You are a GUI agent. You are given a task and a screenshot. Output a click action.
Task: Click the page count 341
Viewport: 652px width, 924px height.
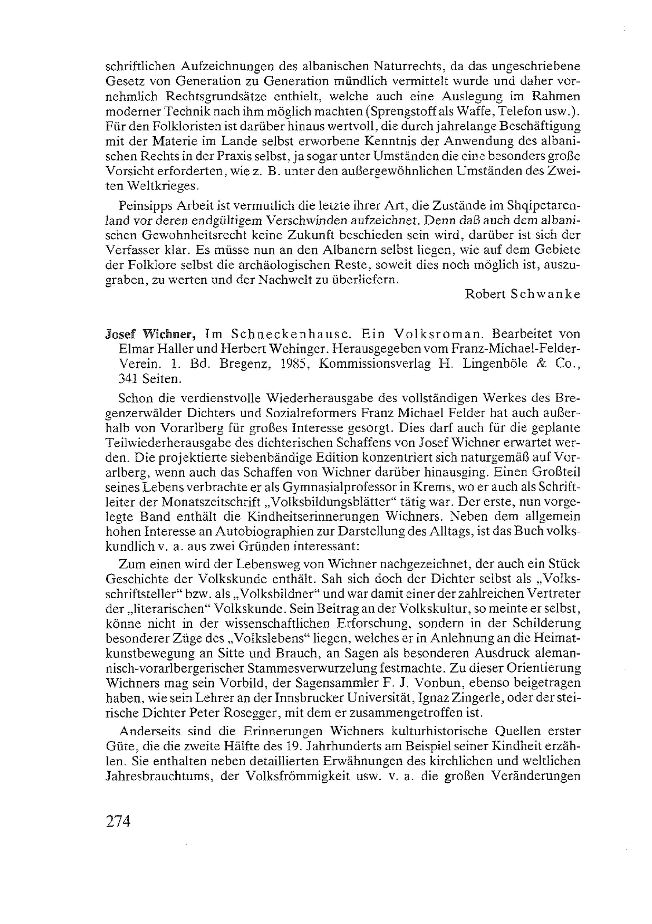coord(127,379)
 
